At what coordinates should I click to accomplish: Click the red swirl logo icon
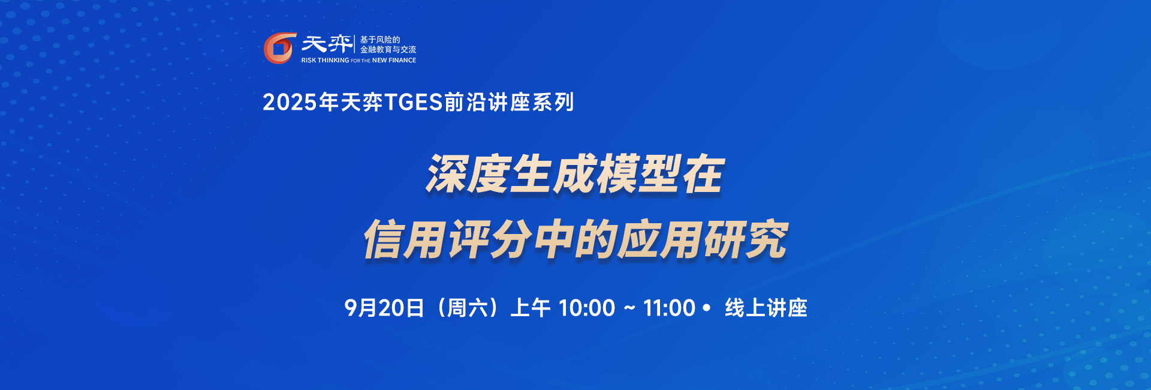(280, 48)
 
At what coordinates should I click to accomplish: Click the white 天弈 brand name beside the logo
(327, 43)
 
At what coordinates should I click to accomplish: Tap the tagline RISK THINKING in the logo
(325, 61)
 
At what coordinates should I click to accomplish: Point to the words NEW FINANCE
(394, 61)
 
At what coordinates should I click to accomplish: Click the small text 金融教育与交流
(388, 49)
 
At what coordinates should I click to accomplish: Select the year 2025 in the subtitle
(290, 103)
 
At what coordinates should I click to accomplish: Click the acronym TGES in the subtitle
(413, 103)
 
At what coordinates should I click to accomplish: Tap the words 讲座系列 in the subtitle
(531, 103)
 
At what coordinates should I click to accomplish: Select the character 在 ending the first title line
(703, 175)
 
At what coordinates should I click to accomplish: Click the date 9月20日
(384, 308)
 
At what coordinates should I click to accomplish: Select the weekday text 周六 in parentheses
(468, 308)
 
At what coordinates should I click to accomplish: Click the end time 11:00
(669, 308)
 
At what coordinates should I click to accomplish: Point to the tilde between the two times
(629, 308)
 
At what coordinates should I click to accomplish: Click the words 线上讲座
(766, 308)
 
